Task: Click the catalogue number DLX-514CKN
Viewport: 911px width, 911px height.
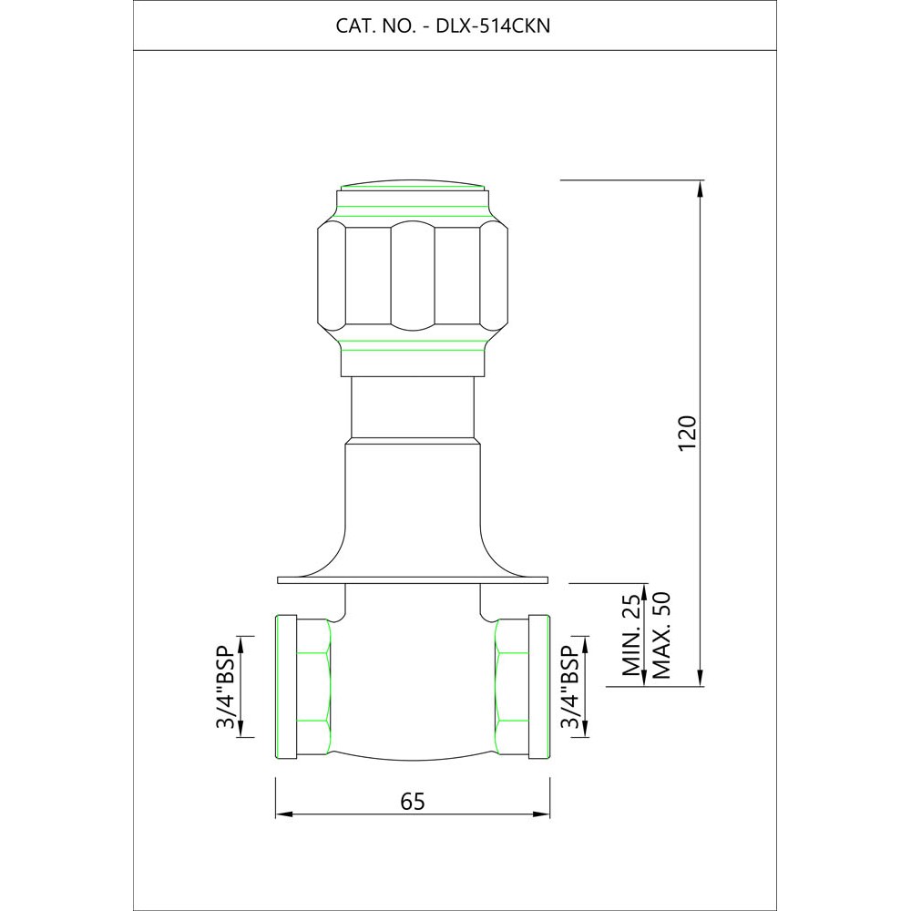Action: coord(493,26)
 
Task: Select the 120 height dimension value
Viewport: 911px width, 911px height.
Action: coord(687,432)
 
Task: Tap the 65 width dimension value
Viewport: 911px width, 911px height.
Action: coord(413,801)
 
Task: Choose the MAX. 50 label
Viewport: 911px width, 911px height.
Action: coord(661,635)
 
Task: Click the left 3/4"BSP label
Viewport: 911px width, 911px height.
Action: coord(225,687)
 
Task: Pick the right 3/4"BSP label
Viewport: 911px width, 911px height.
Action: coord(570,687)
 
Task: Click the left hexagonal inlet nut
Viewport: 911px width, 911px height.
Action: coord(313,687)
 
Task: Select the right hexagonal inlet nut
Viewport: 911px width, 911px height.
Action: coord(512,687)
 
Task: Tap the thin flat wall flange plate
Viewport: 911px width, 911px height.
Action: coord(413,579)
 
